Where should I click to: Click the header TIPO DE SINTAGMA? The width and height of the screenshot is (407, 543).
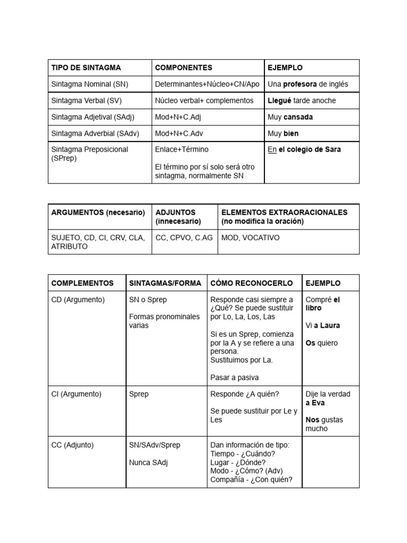click(x=86, y=68)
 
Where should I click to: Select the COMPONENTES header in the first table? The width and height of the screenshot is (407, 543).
click(x=183, y=68)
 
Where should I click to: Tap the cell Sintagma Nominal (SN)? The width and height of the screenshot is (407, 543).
click(x=90, y=84)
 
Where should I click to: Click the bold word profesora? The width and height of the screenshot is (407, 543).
click(x=300, y=84)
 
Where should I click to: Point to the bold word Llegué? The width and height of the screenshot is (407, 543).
click(x=279, y=101)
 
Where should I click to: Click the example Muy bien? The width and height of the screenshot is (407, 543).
click(x=283, y=134)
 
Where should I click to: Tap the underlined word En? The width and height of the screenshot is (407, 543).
click(x=272, y=150)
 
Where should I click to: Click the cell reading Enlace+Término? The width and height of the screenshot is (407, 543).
click(x=182, y=150)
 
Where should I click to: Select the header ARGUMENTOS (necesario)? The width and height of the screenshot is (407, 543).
click(x=98, y=212)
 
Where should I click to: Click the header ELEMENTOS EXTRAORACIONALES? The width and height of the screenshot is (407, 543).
click(x=284, y=212)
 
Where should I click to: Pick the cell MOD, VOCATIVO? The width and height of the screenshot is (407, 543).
click(x=250, y=238)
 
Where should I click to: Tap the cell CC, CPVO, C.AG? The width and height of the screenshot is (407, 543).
click(x=184, y=238)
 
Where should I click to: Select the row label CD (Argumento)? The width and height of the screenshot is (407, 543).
click(x=78, y=300)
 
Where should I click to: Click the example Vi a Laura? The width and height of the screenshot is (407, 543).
click(x=323, y=326)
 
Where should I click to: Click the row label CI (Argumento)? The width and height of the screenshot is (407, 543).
click(x=76, y=394)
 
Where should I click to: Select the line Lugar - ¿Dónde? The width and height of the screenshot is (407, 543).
click(x=238, y=462)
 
